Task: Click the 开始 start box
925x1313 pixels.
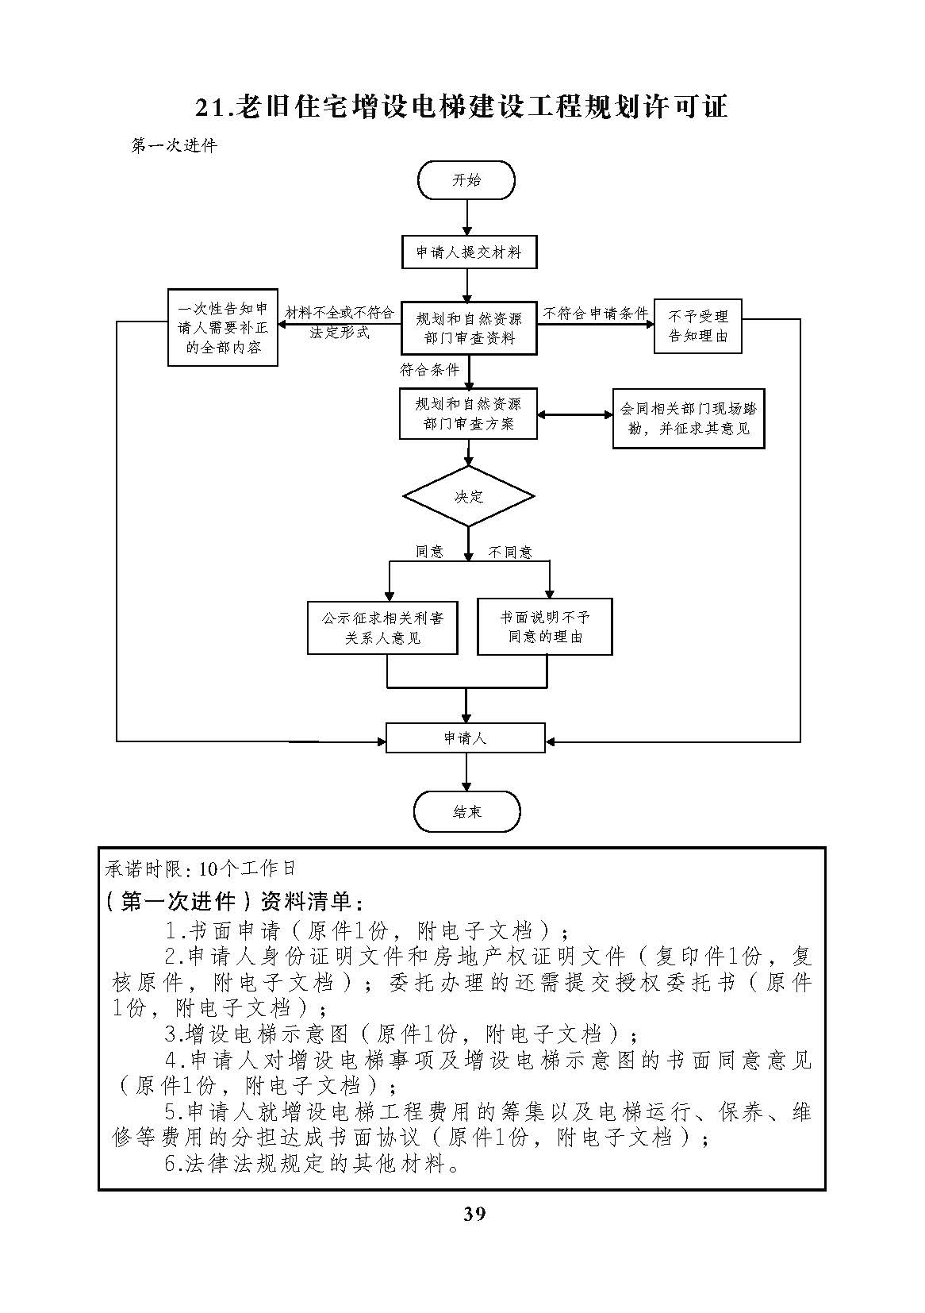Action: tap(466, 180)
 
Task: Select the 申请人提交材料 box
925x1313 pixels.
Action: tap(469, 252)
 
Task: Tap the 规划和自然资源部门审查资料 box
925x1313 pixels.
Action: tap(469, 329)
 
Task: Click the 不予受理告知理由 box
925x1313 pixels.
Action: tap(697, 326)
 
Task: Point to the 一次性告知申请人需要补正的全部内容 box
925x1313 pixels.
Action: tap(223, 328)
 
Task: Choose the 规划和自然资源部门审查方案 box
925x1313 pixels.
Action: tap(468, 414)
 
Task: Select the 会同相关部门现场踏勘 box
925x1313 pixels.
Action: tap(689, 418)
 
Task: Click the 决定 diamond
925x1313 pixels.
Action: tap(468, 496)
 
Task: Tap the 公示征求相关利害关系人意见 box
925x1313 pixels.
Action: tap(382, 628)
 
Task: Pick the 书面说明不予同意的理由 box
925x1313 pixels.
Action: tap(545, 626)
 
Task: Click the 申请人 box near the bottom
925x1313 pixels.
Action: tap(465, 738)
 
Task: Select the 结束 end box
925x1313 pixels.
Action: tap(467, 812)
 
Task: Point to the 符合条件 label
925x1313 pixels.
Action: tap(429, 370)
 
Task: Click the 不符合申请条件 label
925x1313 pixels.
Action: tap(595, 313)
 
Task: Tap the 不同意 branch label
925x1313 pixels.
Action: tap(510, 553)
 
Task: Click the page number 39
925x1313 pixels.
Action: tap(474, 1213)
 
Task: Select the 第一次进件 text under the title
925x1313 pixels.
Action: tap(175, 145)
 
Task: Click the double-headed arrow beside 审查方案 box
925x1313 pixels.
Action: tap(574, 415)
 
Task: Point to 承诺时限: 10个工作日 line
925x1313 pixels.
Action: tap(201, 868)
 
